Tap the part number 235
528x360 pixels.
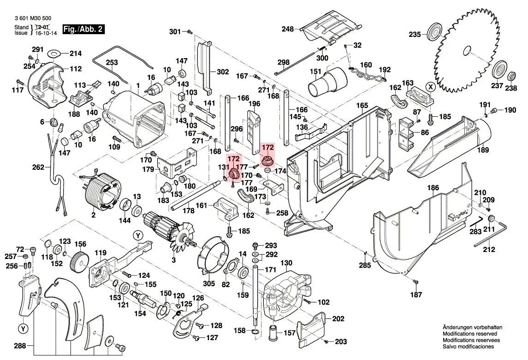(415, 34)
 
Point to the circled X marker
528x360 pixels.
(430, 86)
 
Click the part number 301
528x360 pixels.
(175, 32)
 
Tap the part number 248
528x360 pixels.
(288, 29)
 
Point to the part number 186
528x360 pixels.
(433, 188)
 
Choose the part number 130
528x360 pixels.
(286, 263)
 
